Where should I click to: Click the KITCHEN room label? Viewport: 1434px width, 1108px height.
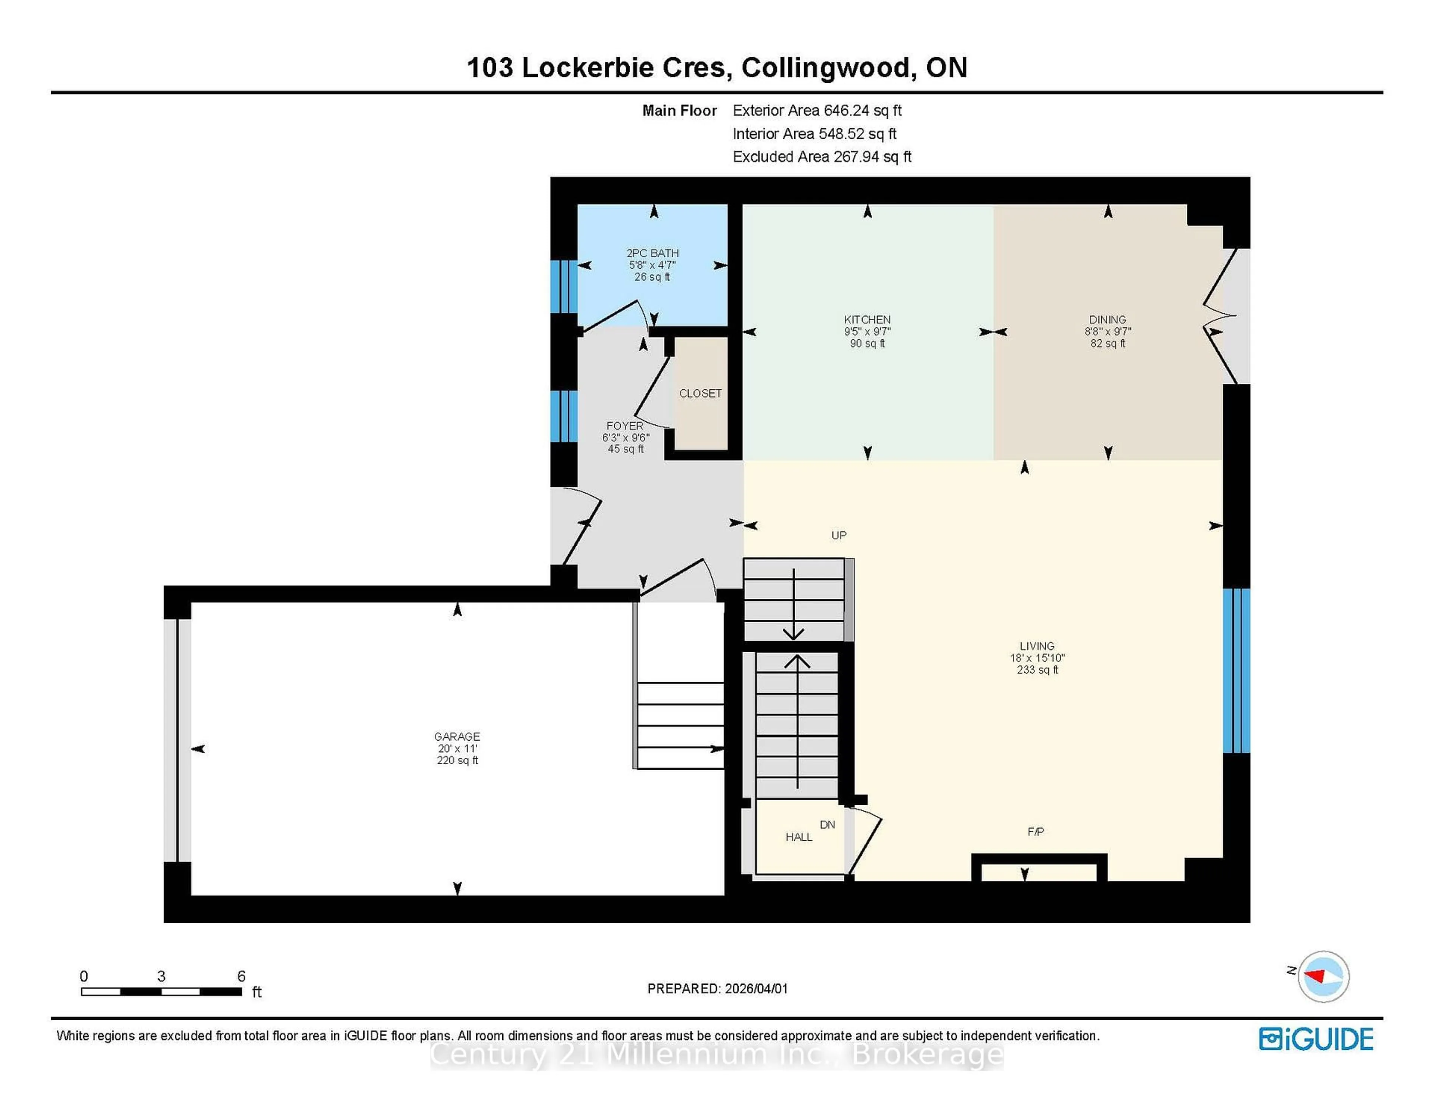(867, 320)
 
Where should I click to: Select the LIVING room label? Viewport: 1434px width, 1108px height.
(1037, 646)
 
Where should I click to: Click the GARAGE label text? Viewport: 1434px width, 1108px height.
(457, 737)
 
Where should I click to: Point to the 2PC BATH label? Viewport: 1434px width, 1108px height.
(652, 253)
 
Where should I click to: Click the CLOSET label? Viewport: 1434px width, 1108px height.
(700, 393)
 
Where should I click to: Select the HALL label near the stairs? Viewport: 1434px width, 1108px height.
(798, 837)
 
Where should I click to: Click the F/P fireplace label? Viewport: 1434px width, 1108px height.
(1036, 832)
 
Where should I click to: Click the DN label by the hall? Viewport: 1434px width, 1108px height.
(827, 824)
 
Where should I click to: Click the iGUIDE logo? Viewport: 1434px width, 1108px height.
(1316, 1039)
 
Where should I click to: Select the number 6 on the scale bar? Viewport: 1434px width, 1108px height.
(241, 976)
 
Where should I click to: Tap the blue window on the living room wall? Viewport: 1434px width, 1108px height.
(1236, 669)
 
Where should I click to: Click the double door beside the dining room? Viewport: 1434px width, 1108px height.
(1221, 316)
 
